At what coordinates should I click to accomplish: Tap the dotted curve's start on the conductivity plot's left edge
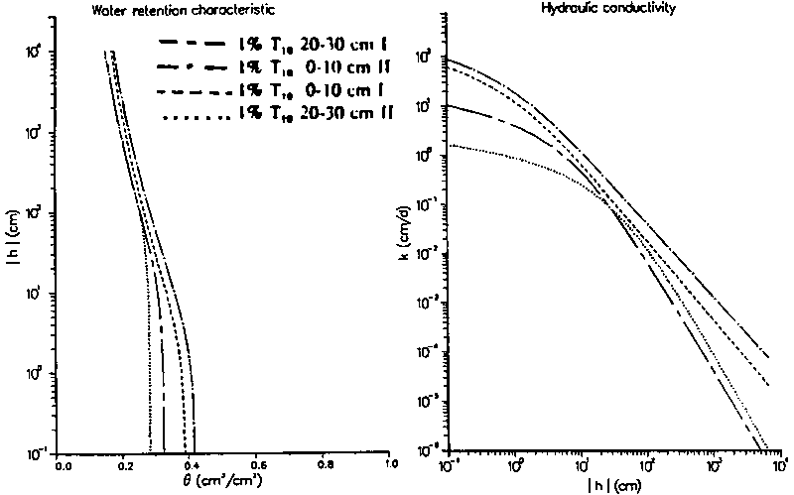click(x=452, y=145)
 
